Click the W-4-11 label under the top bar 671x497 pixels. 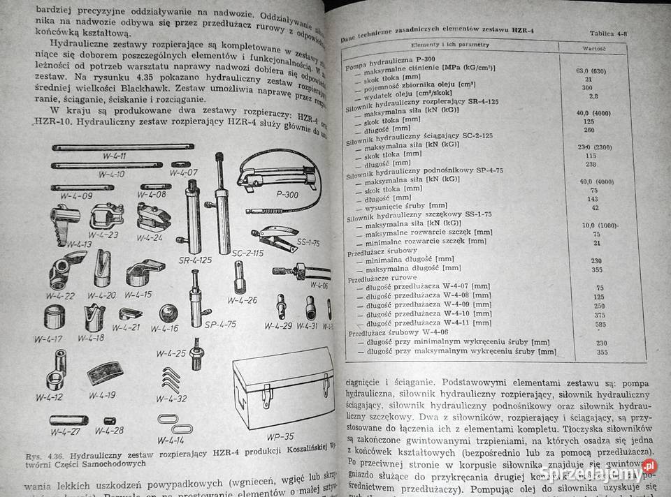[x=111, y=155]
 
